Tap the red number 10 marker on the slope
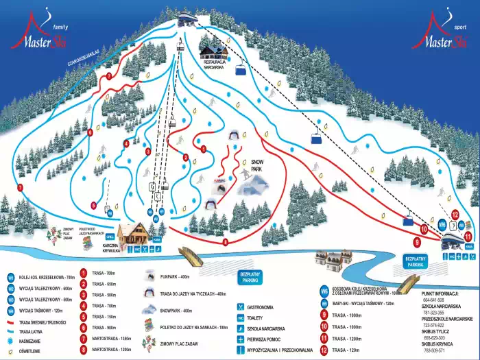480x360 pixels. [x=424, y=228]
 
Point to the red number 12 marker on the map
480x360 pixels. [x=455, y=215]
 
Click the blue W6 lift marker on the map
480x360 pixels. [x=442, y=224]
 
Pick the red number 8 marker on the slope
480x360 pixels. [x=226, y=241]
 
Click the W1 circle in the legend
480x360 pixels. [x=11, y=276]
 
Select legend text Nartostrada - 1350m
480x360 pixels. [x=111, y=338]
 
